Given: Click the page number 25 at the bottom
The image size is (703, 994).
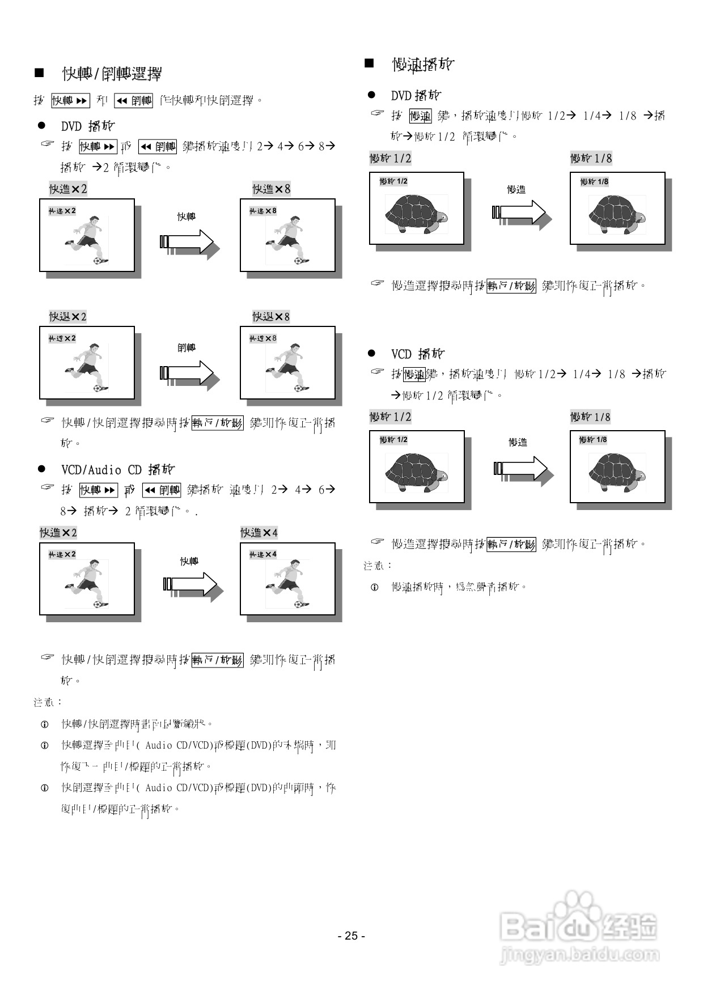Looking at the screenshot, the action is [351, 936].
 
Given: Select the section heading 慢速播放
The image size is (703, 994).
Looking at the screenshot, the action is [423, 65].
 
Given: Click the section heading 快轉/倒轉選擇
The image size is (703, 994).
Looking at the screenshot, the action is [112, 74].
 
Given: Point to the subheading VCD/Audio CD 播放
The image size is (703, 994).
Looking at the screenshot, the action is [118, 470].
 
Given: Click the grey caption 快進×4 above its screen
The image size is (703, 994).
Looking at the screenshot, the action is [259, 533].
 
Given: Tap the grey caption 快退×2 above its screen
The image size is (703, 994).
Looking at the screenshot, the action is [67, 316].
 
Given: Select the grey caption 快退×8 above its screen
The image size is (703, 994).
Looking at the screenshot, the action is [271, 316].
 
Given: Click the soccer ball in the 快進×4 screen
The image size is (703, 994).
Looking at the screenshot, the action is [298, 604].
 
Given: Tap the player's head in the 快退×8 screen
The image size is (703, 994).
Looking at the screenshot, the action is [295, 347].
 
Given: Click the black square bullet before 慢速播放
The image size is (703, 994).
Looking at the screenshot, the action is [369, 63].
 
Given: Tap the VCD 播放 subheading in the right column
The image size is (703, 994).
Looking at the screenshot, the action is [418, 354].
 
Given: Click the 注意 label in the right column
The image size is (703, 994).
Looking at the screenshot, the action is [378, 565].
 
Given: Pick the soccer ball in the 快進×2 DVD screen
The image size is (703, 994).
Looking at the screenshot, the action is [100, 260].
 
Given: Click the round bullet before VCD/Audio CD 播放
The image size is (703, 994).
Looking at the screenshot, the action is [41, 469].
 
